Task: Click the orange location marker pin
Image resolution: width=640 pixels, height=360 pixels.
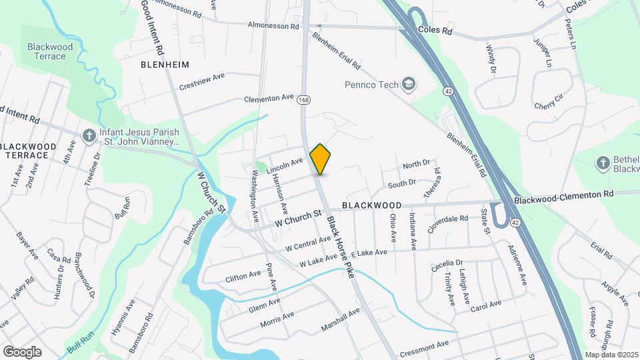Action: tap(321, 159)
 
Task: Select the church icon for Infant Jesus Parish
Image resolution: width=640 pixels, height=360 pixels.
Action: tap(89, 135)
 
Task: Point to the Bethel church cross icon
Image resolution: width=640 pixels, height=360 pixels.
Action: tap(603, 163)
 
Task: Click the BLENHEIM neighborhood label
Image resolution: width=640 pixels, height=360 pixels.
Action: tap(165, 65)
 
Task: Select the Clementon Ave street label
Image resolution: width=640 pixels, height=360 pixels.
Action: tap(269, 98)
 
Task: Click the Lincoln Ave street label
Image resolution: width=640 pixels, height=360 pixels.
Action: tap(285, 165)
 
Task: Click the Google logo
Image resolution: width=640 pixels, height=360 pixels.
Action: tap(22, 351)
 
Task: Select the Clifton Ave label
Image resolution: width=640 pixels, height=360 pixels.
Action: tap(244, 275)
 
